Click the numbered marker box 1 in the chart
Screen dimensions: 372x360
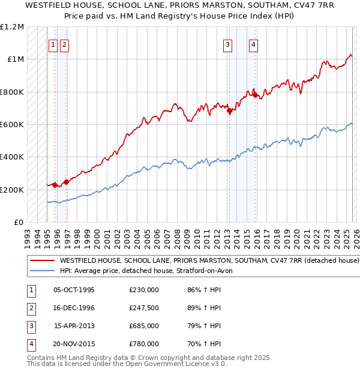[53, 44]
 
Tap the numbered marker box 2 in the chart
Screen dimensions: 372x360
[64, 44]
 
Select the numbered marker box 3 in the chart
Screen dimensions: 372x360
[228, 44]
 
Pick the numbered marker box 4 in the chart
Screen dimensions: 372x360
[254, 44]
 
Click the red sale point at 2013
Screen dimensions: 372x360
[229, 110]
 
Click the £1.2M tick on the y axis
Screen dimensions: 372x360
[12, 27]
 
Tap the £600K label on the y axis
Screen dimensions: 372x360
[12, 125]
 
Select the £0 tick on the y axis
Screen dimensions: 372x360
[19, 223]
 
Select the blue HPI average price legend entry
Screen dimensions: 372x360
[150, 271]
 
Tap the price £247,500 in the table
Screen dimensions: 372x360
[144, 308]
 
